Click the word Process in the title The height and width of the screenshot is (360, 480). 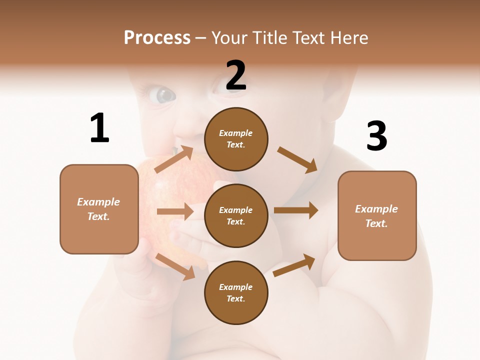(x=157, y=37)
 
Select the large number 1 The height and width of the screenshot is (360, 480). (x=99, y=128)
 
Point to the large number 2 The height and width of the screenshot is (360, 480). (x=236, y=75)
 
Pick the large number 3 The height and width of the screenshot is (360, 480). (x=376, y=136)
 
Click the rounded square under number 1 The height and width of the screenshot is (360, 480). (x=99, y=209)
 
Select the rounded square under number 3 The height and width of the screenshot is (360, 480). (x=377, y=216)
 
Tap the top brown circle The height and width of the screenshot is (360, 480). (x=236, y=139)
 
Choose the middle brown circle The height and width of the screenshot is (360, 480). (x=236, y=215)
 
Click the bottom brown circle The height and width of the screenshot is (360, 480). (x=236, y=292)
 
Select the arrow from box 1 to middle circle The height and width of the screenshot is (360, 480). (x=175, y=211)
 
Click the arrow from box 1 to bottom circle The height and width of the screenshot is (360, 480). (x=175, y=266)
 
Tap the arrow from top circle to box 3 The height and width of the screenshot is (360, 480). (x=297, y=159)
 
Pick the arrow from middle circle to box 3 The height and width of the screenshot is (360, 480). (x=296, y=210)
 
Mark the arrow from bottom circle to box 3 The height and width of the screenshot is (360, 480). (x=294, y=265)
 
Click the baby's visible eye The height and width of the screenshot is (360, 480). (x=162, y=94)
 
